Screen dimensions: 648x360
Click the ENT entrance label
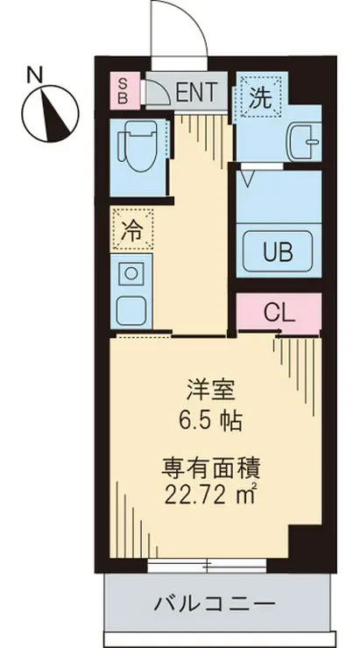click(197, 90)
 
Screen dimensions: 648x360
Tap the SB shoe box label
click(124, 90)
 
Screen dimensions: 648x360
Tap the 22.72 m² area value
click(208, 496)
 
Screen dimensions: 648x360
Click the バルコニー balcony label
click(215, 603)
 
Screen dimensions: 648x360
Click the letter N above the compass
click(32, 74)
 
